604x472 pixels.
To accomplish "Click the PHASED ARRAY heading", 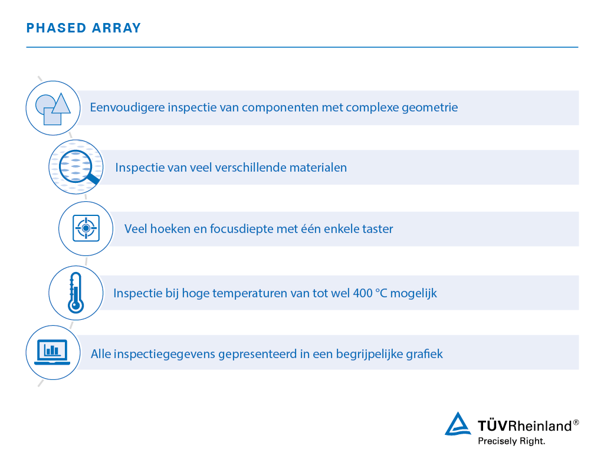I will coord(84,28).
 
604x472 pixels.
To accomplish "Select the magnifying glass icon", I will coord(76,166).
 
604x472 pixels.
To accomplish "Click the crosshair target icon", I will coord(86,228).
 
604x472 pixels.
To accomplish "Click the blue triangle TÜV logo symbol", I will coord(458,424).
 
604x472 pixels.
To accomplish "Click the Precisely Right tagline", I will coord(511,441).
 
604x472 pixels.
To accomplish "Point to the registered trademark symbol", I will coord(576,422).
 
